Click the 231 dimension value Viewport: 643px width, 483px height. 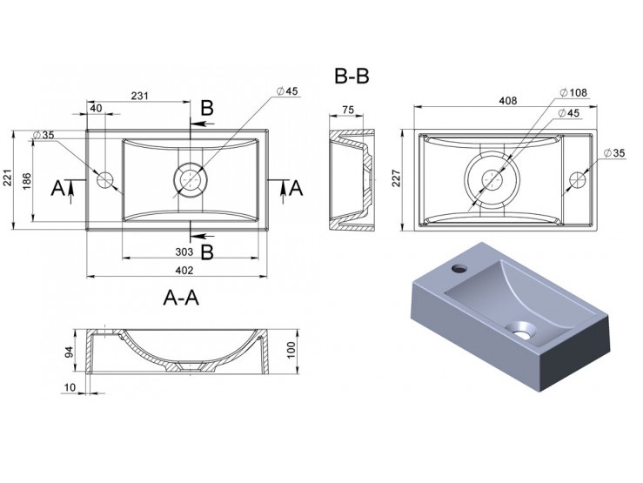[x=138, y=97]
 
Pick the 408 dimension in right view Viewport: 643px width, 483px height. [x=507, y=101]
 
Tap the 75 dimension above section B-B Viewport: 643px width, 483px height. [x=347, y=110]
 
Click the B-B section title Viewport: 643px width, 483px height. [x=352, y=77]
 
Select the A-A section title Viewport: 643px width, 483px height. [x=182, y=298]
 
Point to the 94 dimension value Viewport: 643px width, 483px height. [x=67, y=351]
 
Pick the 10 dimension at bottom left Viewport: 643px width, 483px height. [x=69, y=388]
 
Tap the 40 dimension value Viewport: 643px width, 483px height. [x=96, y=108]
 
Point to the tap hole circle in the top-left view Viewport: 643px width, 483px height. [x=106, y=180]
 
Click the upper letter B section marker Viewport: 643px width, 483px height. [x=206, y=108]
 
